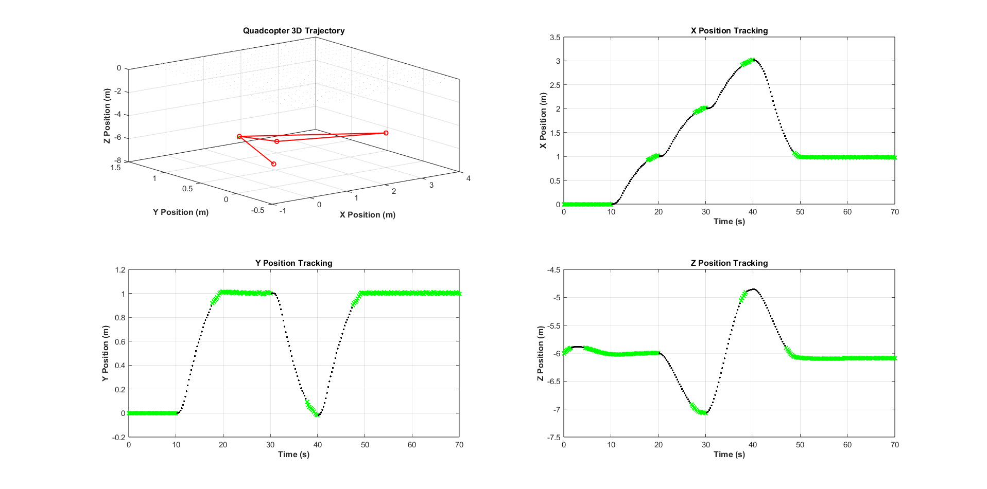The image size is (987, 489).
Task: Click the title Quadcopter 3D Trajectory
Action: tap(293, 31)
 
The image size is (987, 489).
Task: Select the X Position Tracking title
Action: tap(729, 31)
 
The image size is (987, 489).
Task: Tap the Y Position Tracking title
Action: tap(293, 263)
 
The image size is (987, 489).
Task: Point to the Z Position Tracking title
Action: tap(729, 263)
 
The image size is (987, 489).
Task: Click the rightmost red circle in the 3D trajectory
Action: tap(386, 133)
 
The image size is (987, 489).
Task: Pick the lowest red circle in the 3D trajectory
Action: tap(273, 164)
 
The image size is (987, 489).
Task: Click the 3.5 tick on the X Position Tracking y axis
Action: tap(555, 38)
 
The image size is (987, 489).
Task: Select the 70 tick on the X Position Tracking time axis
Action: tap(894, 212)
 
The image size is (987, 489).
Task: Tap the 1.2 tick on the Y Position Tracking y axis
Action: tap(120, 270)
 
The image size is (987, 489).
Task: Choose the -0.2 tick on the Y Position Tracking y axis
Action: tap(119, 437)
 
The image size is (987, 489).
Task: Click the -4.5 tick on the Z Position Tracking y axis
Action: tap(554, 270)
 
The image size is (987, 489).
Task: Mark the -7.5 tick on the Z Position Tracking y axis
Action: tap(554, 437)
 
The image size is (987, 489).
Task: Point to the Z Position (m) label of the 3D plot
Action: tap(107, 116)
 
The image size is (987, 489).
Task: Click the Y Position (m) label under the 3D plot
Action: tap(181, 212)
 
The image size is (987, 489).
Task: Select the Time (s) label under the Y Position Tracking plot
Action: tap(293, 455)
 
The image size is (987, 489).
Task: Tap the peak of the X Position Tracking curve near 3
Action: tap(753, 60)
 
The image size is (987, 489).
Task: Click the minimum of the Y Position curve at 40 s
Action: tap(318, 415)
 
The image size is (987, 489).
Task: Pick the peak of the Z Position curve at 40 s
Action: tap(753, 289)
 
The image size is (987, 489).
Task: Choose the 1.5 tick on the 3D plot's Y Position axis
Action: tap(115, 168)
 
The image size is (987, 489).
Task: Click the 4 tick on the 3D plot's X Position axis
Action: tap(468, 178)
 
